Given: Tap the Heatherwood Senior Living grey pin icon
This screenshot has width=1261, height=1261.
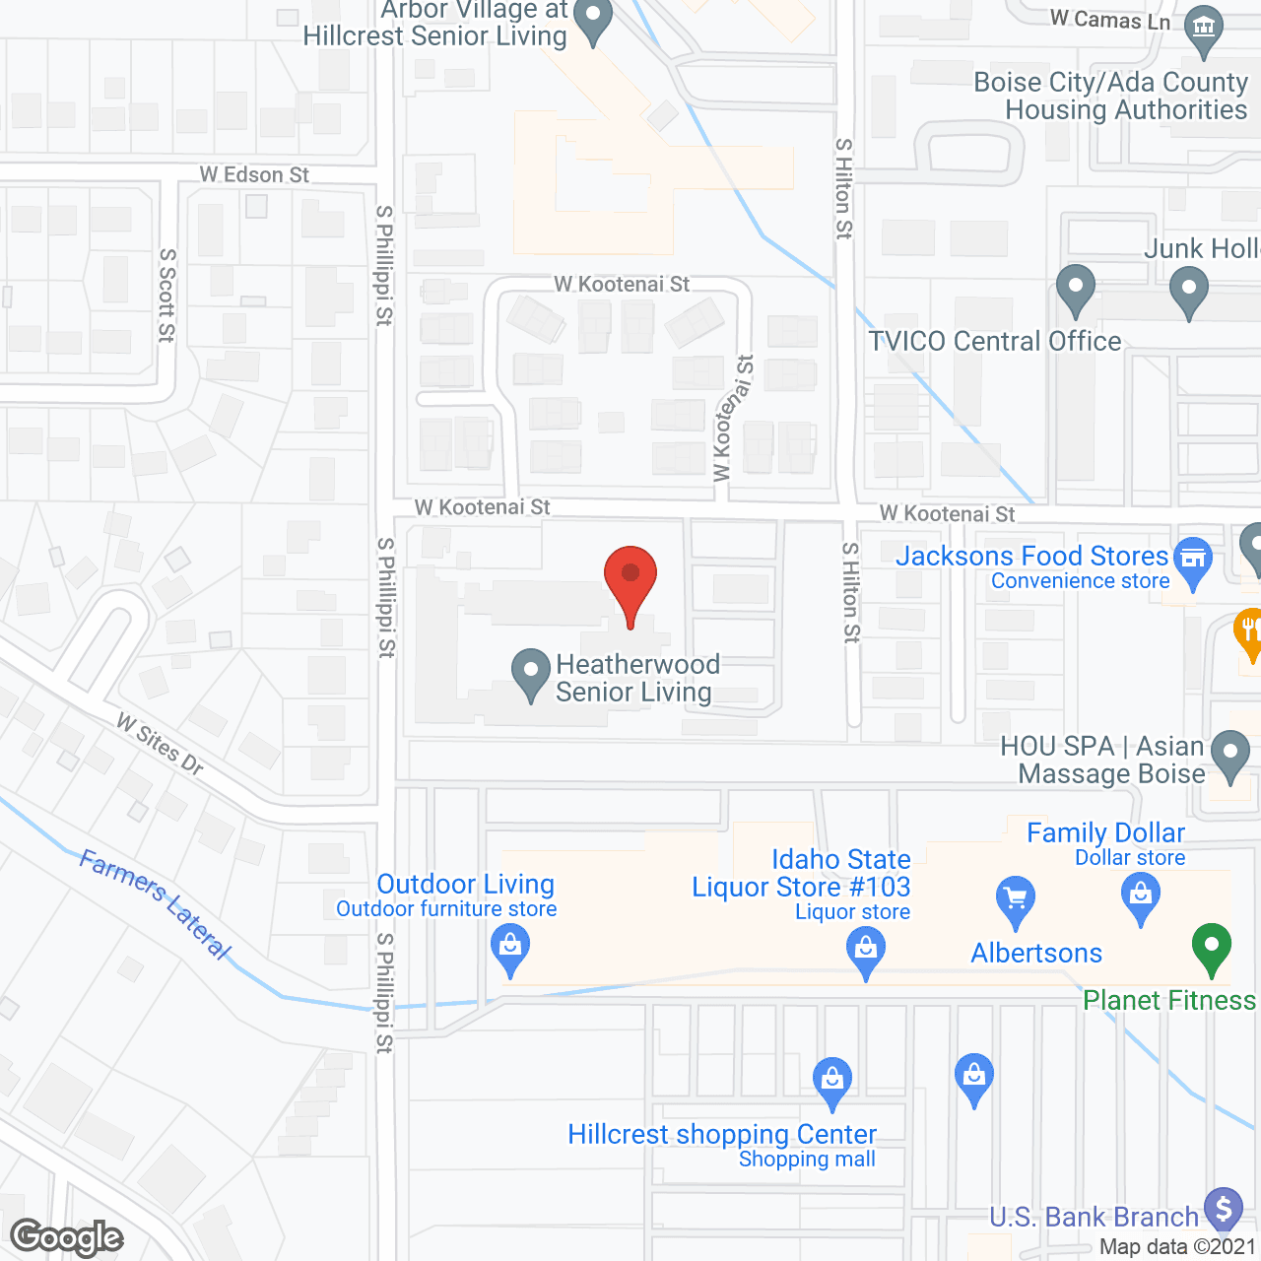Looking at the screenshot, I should point(531,674).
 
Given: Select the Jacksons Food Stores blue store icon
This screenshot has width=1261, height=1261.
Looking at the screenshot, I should point(1193,562).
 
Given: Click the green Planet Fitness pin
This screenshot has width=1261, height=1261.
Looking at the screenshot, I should point(1212,948).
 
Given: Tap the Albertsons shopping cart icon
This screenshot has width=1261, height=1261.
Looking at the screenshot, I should point(1016,900).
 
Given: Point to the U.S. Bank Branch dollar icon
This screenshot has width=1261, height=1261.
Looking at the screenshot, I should point(1224,1208).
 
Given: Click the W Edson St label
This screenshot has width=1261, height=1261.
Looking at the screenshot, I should point(254,175).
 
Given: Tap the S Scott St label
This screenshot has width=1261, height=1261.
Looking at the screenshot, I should point(167,296).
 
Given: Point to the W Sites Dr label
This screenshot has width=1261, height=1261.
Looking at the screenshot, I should point(160,745).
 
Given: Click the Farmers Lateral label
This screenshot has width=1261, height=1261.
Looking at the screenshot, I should point(156,904).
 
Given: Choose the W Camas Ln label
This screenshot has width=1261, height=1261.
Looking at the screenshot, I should point(1110,20).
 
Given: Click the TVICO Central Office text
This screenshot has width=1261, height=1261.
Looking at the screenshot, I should point(995,341).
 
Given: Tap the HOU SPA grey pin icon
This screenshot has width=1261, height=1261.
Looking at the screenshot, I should point(1229,755).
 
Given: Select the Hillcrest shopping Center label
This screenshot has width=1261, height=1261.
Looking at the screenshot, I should point(722,1134).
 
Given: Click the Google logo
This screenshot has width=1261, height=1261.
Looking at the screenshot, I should point(67,1237).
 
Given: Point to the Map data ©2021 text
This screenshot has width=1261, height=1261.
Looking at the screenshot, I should point(1177,1247).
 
